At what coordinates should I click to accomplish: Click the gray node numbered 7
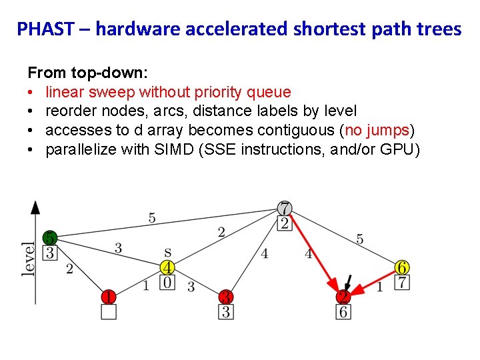(x=285, y=208)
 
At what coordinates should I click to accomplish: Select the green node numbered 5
(x=50, y=237)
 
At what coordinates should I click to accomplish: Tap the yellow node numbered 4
(x=167, y=268)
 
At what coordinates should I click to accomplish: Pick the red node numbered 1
(x=108, y=296)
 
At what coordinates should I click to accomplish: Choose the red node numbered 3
(x=227, y=296)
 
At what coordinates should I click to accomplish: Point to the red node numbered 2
(x=343, y=297)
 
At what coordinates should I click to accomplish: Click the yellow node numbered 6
(x=402, y=267)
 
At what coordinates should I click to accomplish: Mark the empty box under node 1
(x=108, y=311)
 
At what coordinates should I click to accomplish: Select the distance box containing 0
(x=167, y=283)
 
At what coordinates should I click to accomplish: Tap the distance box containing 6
(x=343, y=311)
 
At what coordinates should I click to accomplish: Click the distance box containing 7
(x=402, y=282)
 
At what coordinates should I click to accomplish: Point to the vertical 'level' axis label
(x=28, y=259)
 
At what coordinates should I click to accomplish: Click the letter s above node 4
(x=167, y=253)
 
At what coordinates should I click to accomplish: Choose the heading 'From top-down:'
(x=70, y=73)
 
